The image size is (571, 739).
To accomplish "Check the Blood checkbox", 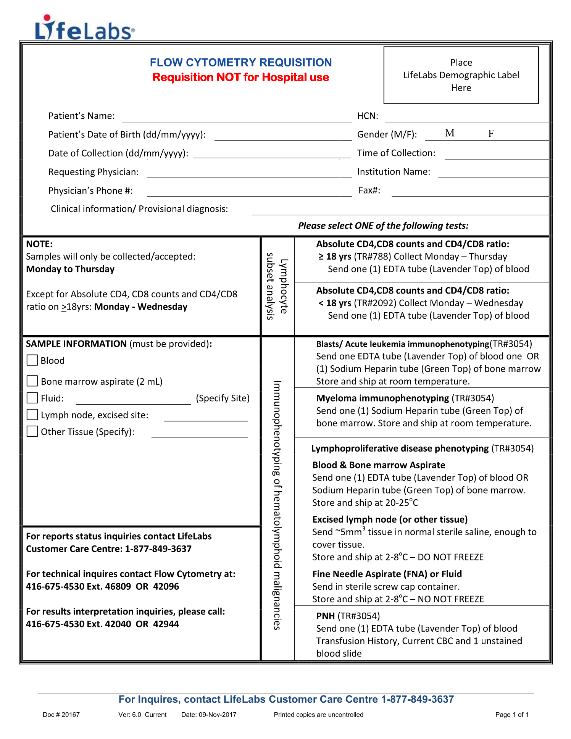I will pos(32,360).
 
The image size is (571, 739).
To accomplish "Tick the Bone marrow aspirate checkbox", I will pos(32,381).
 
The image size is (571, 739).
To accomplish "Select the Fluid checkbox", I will pos(32,398).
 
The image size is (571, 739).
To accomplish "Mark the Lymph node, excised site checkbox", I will pos(32,415).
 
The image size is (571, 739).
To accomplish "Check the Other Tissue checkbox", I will pos(32,431).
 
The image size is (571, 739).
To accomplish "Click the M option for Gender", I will pos(450,133).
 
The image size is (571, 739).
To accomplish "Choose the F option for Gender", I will pos(491,134).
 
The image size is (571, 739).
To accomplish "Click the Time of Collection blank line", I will pos(496,155).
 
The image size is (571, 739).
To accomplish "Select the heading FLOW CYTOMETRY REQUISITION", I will pos(240,63).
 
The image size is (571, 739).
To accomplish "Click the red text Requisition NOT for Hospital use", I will pos(240,77).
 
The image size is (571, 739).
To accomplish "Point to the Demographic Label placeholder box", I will pos(461,75).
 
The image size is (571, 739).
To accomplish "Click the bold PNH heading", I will pos(326,616).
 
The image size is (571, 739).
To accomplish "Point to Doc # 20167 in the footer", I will pos(61,715).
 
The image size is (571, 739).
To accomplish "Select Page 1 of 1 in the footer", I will pos(512,715).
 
